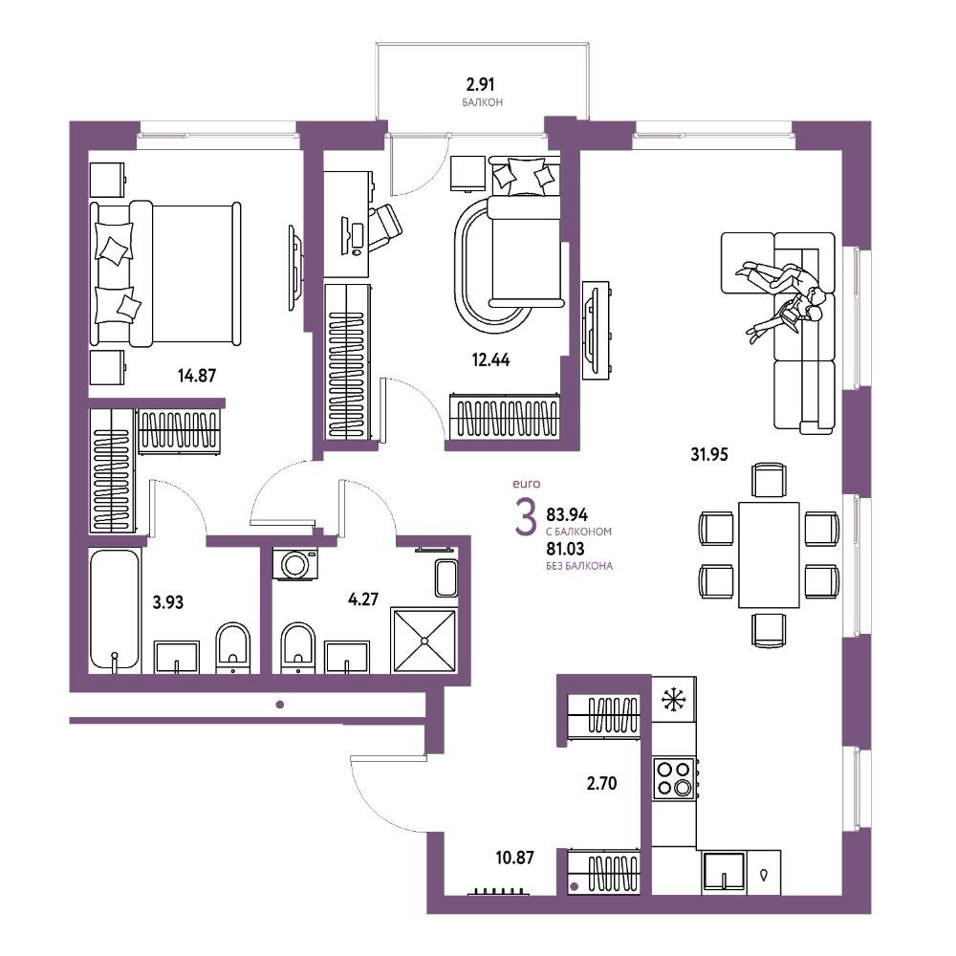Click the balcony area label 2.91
481,83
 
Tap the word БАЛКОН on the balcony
482,102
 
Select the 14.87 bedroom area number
197,375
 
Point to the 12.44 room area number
490,359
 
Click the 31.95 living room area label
709,454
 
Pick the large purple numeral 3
526,516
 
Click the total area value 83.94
567,515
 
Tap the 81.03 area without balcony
565,549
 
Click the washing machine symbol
295,563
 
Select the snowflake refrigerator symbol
673,700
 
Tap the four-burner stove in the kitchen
674,778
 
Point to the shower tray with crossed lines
424,641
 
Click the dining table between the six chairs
769,554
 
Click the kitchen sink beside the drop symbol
724,872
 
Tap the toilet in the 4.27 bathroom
298,647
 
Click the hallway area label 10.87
514,858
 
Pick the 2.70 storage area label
601,783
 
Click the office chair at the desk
384,227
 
